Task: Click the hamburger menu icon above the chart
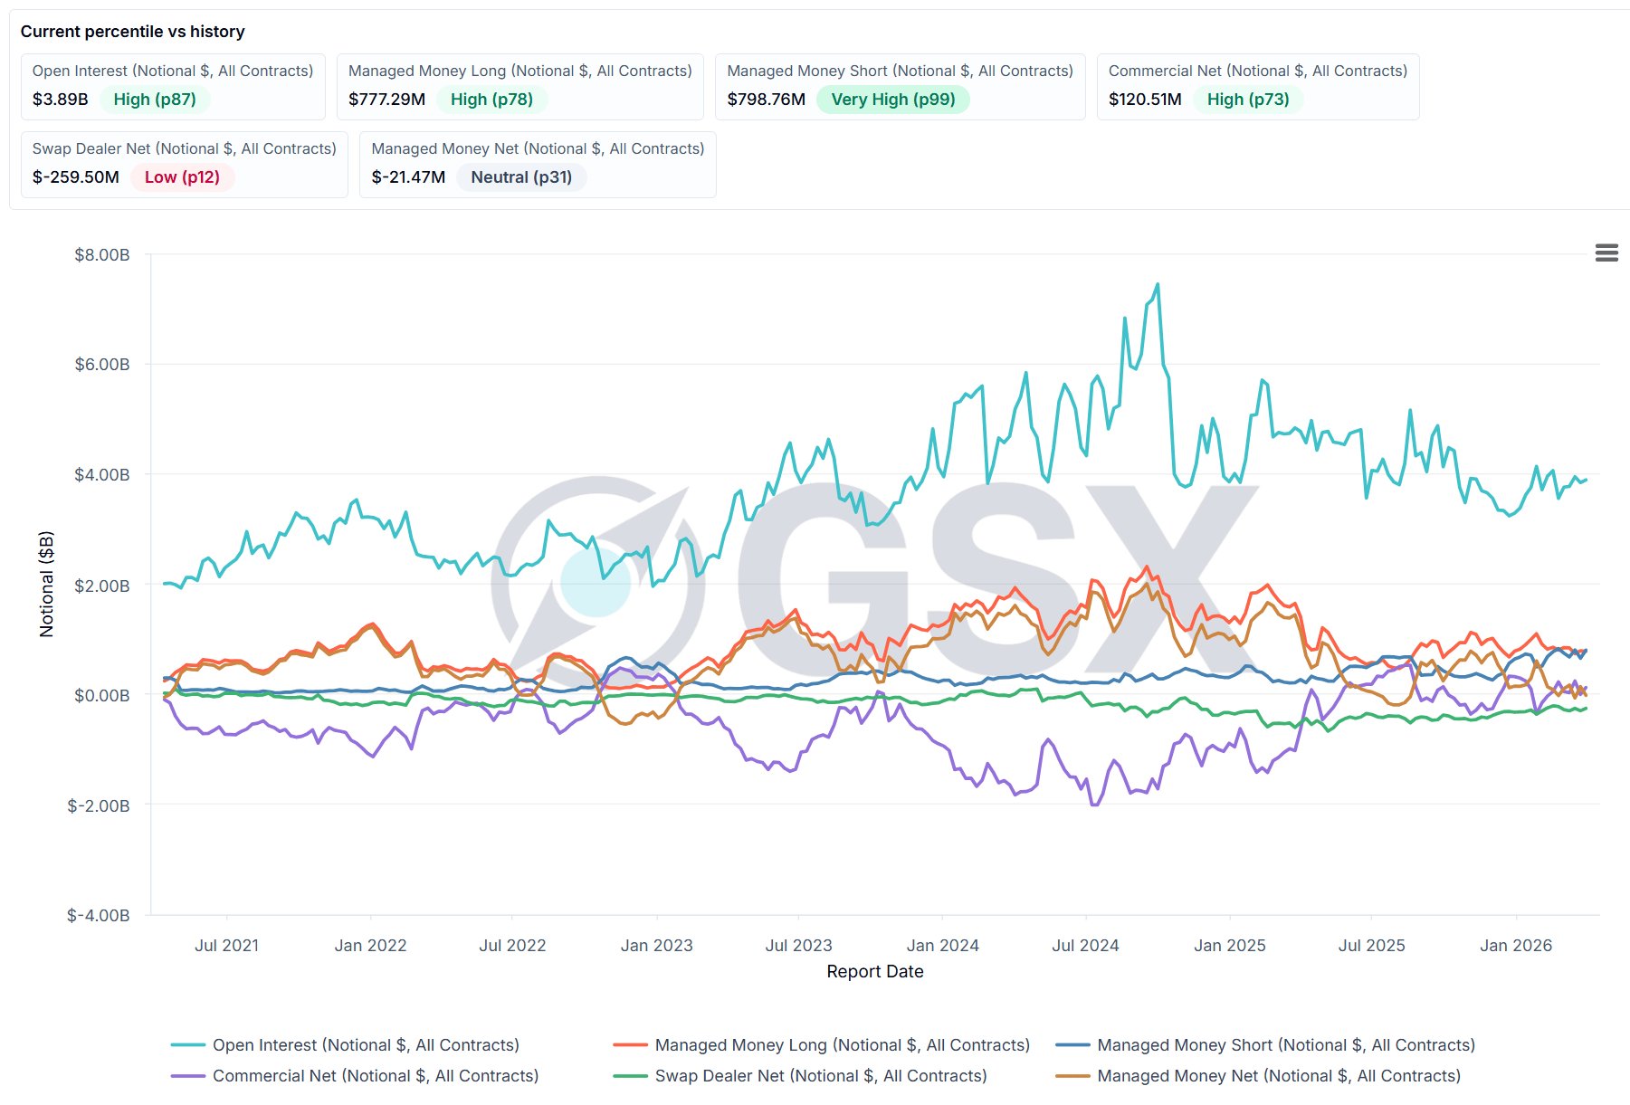point(1606,253)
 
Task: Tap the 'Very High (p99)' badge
point(892,100)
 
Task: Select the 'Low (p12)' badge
point(182,177)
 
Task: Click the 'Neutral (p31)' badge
point(521,177)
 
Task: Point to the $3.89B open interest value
point(61,100)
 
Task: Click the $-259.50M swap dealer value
point(76,177)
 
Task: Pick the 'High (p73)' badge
point(1247,100)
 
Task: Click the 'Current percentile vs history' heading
point(133,32)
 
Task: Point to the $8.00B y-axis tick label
point(102,255)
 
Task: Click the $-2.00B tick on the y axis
point(99,805)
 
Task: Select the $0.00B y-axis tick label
point(102,695)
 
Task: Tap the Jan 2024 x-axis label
point(942,946)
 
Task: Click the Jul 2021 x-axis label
point(226,946)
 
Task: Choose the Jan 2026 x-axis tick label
point(1515,946)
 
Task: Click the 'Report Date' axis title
point(874,972)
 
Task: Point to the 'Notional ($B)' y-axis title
point(46,585)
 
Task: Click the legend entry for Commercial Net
point(375,1076)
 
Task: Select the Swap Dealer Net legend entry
point(820,1076)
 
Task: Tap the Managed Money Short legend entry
point(1285,1045)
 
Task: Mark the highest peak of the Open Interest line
point(1158,285)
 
